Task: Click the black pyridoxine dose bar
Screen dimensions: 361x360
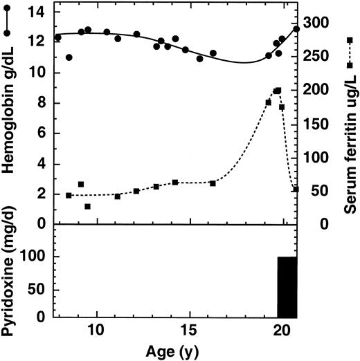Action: coord(287,286)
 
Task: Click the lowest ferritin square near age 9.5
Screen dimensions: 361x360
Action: coord(87,206)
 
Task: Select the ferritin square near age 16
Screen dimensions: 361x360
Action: coord(213,183)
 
